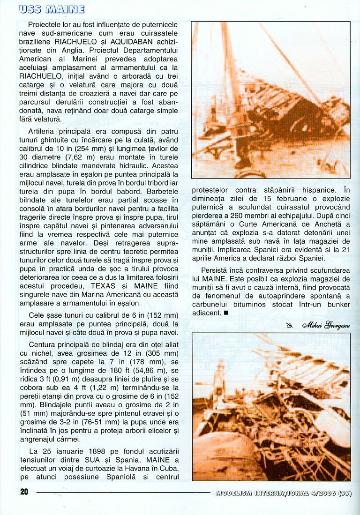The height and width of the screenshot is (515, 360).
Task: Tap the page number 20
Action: [24, 493]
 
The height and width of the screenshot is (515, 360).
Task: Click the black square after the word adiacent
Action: [226, 313]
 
